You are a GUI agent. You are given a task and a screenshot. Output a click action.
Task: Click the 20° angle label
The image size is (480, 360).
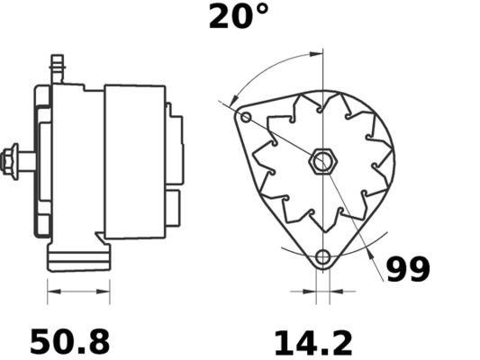(239, 17)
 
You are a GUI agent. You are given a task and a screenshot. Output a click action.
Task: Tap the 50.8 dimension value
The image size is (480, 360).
(70, 341)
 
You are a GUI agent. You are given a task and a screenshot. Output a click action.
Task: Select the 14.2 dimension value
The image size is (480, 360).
(312, 341)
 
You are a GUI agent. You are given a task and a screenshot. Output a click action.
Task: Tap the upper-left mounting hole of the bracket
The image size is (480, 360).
(246, 118)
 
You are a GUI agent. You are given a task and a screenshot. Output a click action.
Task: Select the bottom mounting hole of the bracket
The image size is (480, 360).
(323, 258)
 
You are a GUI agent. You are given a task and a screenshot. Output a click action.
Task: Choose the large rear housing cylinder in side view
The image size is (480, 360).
(135, 161)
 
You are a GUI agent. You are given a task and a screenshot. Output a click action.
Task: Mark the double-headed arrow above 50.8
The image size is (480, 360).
(77, 292)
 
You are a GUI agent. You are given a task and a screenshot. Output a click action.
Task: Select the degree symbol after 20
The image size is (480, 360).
(261, 10)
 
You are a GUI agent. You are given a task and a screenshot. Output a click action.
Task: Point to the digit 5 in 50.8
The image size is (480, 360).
(41, 341)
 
